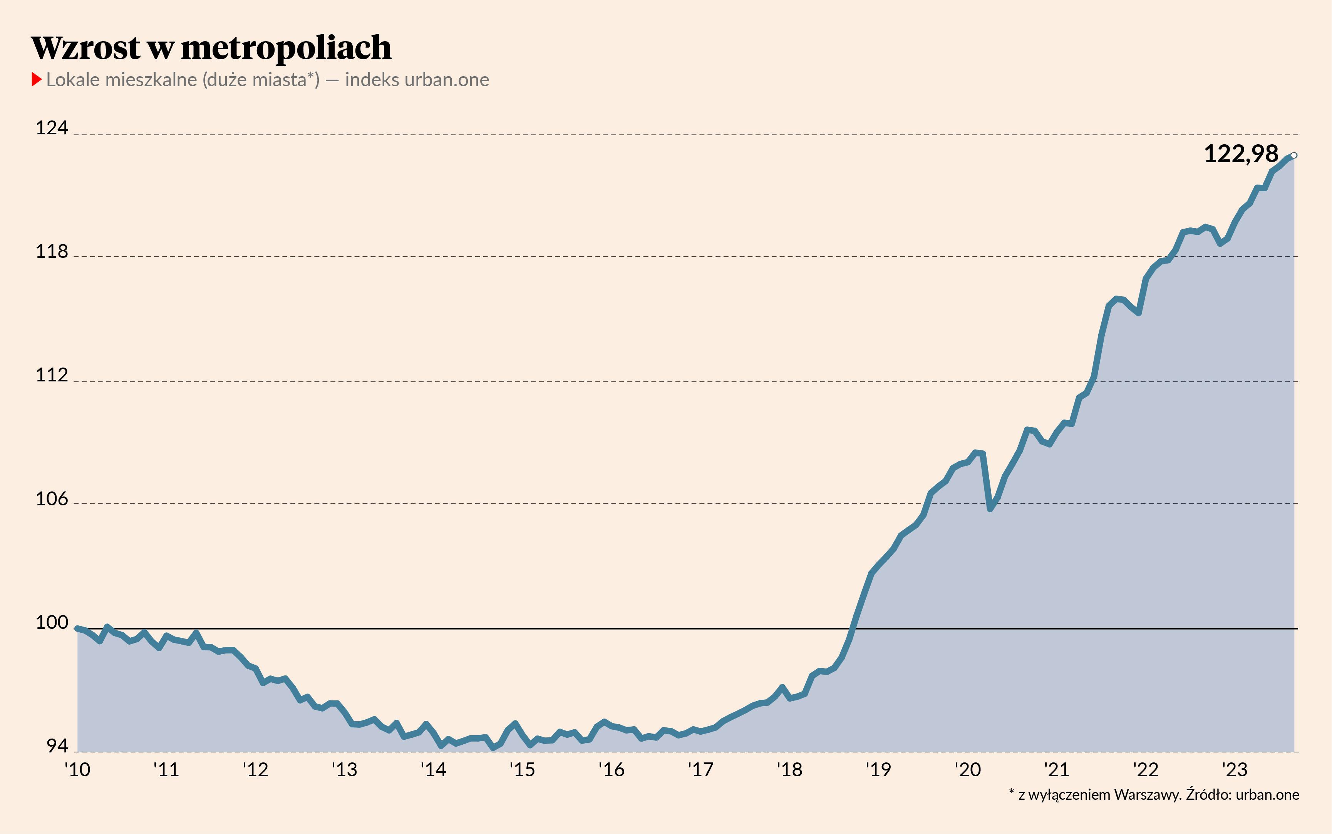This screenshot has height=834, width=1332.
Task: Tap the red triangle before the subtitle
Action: pyautogui.click(x=37, y=79)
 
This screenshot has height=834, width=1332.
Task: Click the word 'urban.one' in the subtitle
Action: pyautogui.click(x=446, y=80)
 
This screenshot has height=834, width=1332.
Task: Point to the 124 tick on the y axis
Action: pyautogui.click(x=51, y=128)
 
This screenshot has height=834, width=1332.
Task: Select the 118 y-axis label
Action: pyautogui.click(x=51, y=252)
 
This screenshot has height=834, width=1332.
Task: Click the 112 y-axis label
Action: pyautogui.click(x=51, y=375)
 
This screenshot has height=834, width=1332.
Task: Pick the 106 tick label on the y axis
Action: pyautogui.click(x=51, y=499)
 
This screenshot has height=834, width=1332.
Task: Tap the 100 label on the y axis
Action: pyautogui.click(x=51, y=622)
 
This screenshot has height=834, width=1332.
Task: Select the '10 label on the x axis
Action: pyautogui.click(x=77, y=769)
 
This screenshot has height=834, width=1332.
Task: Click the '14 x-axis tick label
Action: pyautogui.click(x=433, y=769)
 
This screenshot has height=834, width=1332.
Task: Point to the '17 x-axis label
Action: pyautogui.click(x=700, y=769)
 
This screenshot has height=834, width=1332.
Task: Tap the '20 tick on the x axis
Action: pyautogui.click(x=967, y=769)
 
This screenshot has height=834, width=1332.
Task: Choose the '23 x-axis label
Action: pyautogui.click(x=1234, y=769)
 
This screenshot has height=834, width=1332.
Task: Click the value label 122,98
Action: pyautogui.click(x=1241, y=154)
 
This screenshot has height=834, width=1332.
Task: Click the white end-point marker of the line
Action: pyautogui.click(x=1294, y=155)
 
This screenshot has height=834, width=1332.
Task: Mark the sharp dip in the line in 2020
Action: pyautogui.click(x=990, y=508)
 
